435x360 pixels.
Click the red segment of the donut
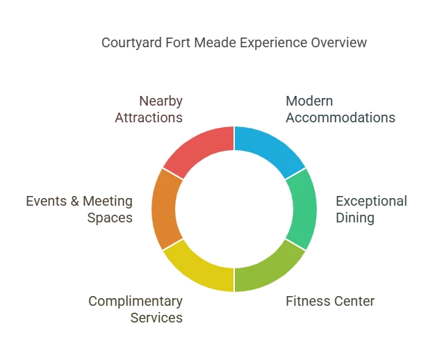[x=198, y=148]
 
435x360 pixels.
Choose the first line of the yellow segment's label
[x=133, y=301]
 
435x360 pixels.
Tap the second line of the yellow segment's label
[x=156, y=317]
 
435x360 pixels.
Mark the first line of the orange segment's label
[x=78, y=200]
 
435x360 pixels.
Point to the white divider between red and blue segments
[x=234, y=139]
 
